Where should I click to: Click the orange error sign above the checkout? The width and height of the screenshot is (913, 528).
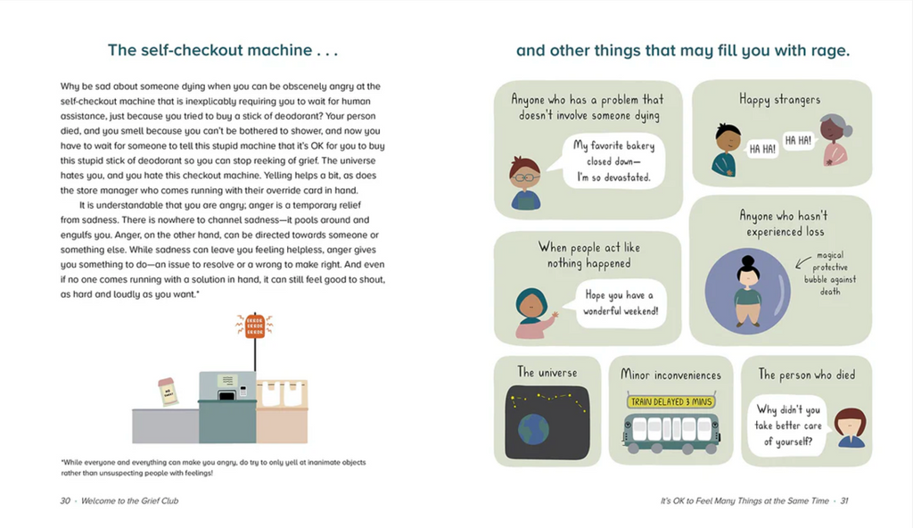tap(255, 326)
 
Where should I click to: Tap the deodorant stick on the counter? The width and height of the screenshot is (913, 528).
tap(169, 392)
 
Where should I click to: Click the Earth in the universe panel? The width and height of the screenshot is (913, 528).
tap(533, 429)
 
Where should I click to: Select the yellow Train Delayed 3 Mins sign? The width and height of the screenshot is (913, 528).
tap(670, 401)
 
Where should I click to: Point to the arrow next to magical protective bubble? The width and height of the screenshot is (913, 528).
tap(803, 262)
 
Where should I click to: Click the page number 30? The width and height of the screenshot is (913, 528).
tap(65, 500)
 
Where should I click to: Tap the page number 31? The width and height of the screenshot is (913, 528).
tap(843, 500)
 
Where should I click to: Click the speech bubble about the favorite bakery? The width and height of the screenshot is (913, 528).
tap(613, 161)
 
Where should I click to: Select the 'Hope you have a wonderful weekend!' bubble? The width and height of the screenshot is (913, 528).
tap(621, 303)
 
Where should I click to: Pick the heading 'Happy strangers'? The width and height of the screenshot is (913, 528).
tap(779, 100)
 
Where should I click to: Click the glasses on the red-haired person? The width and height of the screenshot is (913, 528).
tap(525, 177)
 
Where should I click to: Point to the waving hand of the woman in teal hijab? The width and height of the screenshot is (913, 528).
tap(555, 316)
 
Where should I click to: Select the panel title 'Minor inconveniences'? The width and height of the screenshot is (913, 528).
tap(670, 375)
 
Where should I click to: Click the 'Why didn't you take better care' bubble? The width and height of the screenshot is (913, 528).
tap(788, 425)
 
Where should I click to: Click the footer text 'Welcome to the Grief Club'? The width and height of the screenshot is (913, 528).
tap(130, 500)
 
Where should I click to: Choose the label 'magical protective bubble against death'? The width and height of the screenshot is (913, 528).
tap(830, 273)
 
